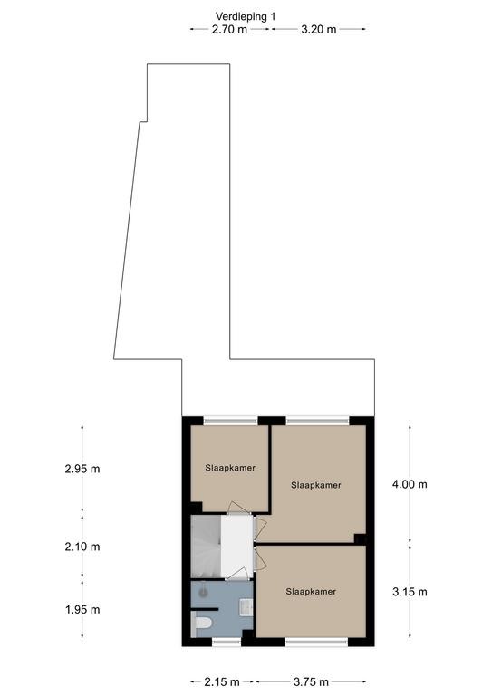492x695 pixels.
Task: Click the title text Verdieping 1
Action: (246, 16)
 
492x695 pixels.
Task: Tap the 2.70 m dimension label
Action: (229, 30)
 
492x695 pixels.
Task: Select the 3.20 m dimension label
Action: (319, 30)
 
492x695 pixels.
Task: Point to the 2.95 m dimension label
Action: (82, 469)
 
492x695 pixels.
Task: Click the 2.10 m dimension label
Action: (82, 547)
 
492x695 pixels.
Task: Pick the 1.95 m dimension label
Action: (82, 610)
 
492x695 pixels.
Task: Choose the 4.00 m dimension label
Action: (410, 484)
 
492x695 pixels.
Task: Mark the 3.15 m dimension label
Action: (410, 592)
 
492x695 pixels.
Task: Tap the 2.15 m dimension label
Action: (222, 681)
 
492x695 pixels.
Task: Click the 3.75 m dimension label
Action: (311, 681)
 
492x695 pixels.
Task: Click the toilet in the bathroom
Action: (201, 624)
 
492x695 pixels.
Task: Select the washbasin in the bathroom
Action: (246, 606)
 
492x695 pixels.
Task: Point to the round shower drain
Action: (203, 591)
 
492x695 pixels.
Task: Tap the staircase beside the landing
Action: (206, 547)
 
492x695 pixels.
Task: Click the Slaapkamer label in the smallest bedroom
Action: (230, 468)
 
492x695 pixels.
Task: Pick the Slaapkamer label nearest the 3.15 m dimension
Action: (311, 591)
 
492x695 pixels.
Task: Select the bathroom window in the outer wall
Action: (227, 642)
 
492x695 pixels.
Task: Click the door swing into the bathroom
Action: (238, 574)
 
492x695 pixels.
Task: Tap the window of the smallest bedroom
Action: (231, 420)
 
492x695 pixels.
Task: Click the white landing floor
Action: (236, 547)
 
